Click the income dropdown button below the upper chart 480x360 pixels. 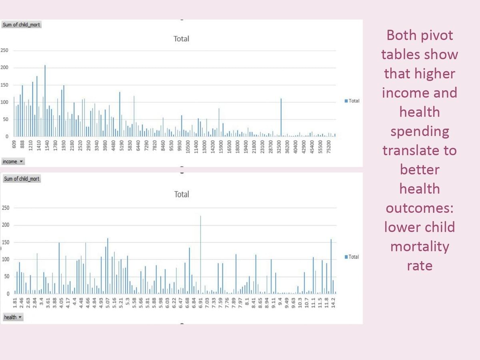pos(13,162)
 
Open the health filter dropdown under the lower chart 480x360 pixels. pos(12,317)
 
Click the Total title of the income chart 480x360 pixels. pos(181,39)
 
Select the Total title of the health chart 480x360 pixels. pos(182,194)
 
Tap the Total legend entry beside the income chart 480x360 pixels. pos(352,101)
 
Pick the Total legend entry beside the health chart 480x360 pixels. pos(352,257)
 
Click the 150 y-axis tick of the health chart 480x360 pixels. pos(6,242)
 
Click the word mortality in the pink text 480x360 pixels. pos(420,246)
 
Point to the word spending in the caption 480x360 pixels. pos(420,132)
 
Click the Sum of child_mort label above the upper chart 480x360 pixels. pos(21,25)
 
